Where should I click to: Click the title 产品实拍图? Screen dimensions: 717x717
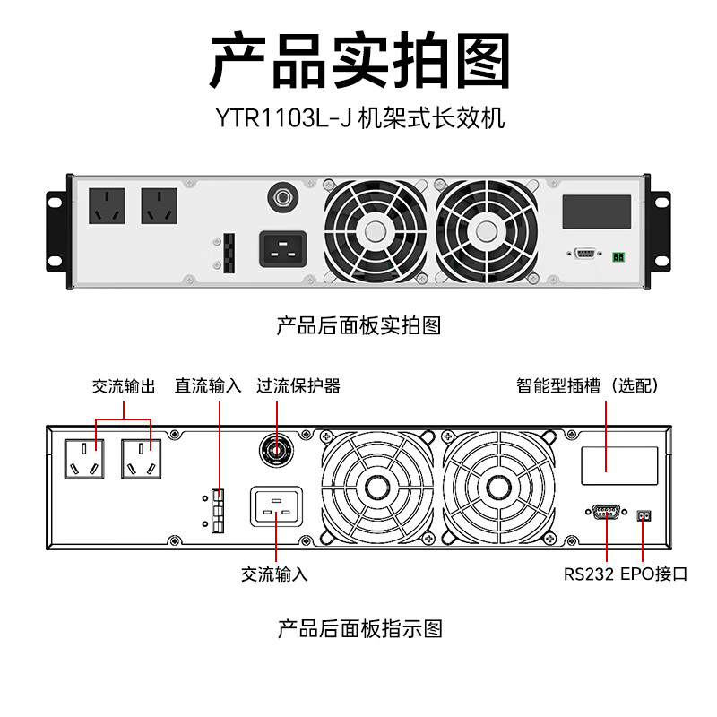(x=358, y=61)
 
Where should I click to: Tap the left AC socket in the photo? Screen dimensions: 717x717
(x=107, y=206)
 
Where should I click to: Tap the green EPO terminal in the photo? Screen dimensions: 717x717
(x=618, y=257)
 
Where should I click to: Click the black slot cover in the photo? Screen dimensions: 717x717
(x=595, y=212)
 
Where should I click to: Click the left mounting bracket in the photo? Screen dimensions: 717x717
(x=56, y=229)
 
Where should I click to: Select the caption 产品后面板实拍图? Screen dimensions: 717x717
(x=358, y=325)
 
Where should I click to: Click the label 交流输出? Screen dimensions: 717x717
(x=124, y=386)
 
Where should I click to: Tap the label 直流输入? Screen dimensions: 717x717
(x=208, y=386)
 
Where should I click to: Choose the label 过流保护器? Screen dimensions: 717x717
(x=298, y=386)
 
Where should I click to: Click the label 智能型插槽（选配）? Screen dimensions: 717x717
(x=588, y=386)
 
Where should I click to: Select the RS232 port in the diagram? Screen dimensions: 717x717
(x=607, y=512)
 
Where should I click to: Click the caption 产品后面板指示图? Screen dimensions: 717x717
(x=358, y=628)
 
